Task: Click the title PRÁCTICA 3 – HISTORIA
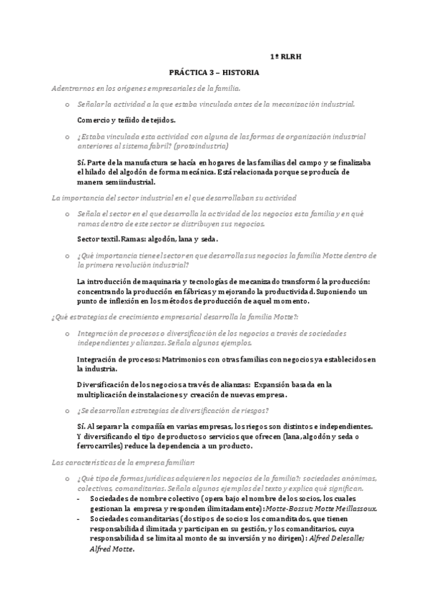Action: click(214, 73)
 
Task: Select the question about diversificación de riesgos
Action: click(172, 410)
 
